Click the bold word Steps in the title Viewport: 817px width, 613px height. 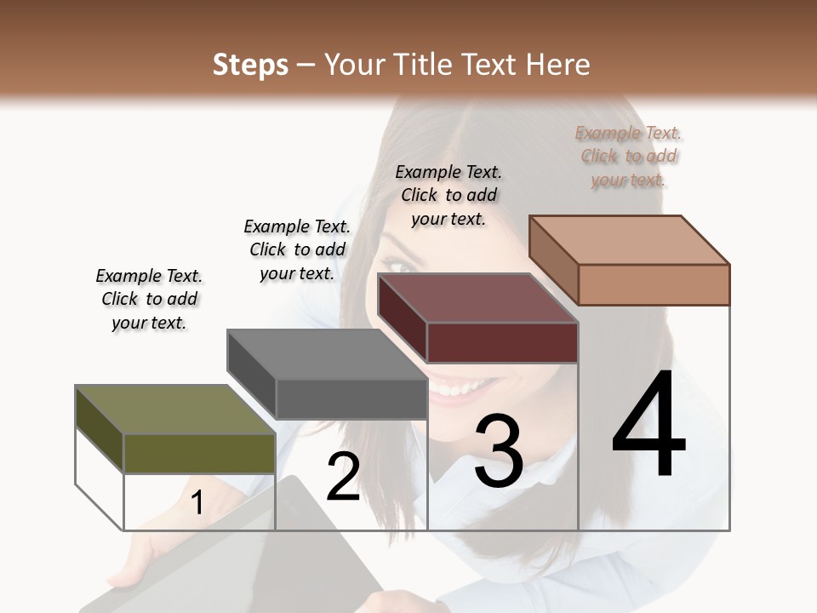click(x=250, y=65)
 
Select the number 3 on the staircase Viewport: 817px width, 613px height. click(x=499, y=451)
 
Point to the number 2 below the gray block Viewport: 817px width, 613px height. click(x=343, y=477)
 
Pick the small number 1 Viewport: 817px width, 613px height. click(x=197, y=502)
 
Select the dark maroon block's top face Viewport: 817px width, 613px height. click(x=477, y=298)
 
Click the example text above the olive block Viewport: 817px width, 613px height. click(x=149, y=299)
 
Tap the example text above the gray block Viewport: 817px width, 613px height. click(x=297, y=249)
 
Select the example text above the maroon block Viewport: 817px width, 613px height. click(x=448, y=195)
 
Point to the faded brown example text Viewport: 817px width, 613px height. click(x=628, y=156)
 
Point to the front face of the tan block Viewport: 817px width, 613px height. click(x=654, y=284)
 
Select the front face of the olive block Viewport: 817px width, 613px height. click(x=199, y=453)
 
